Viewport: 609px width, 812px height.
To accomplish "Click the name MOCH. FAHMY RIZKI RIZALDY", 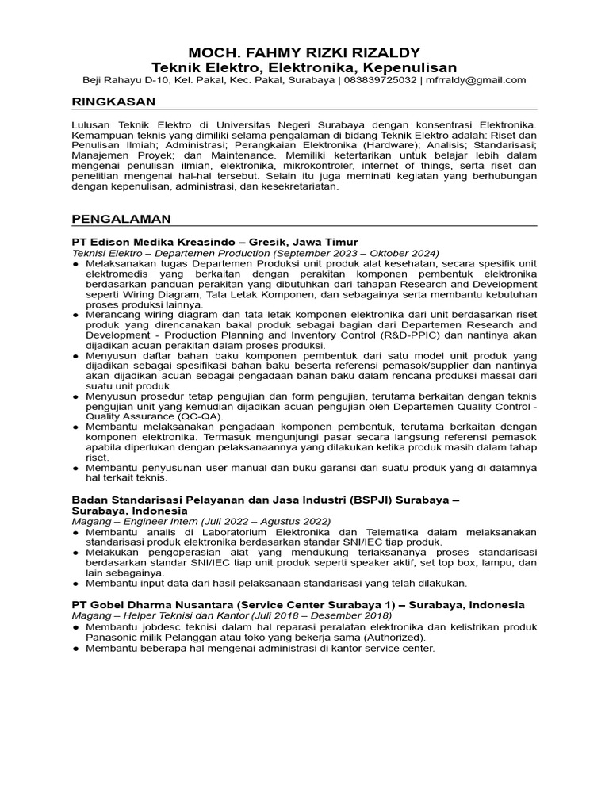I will coord(304,52).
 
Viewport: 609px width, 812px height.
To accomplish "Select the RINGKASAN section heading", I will coord(113,101).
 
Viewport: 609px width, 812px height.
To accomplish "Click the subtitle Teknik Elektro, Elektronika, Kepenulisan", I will coord(304,67).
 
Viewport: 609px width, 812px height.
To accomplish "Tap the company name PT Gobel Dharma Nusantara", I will coord(151,604).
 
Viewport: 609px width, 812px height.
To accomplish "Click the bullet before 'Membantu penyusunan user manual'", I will coord(75,469).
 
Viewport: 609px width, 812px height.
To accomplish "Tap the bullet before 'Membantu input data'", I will coord(75,583).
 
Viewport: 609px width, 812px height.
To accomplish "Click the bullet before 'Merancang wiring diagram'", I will coord(75,314).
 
